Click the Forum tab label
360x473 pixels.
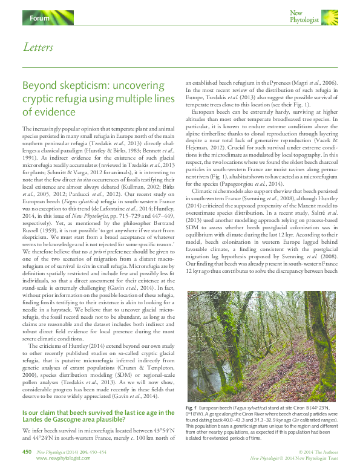(39, 19)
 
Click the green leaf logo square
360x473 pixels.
(329, 16)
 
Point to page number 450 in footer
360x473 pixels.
(27, 451)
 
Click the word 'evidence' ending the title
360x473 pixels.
(57, 112)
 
